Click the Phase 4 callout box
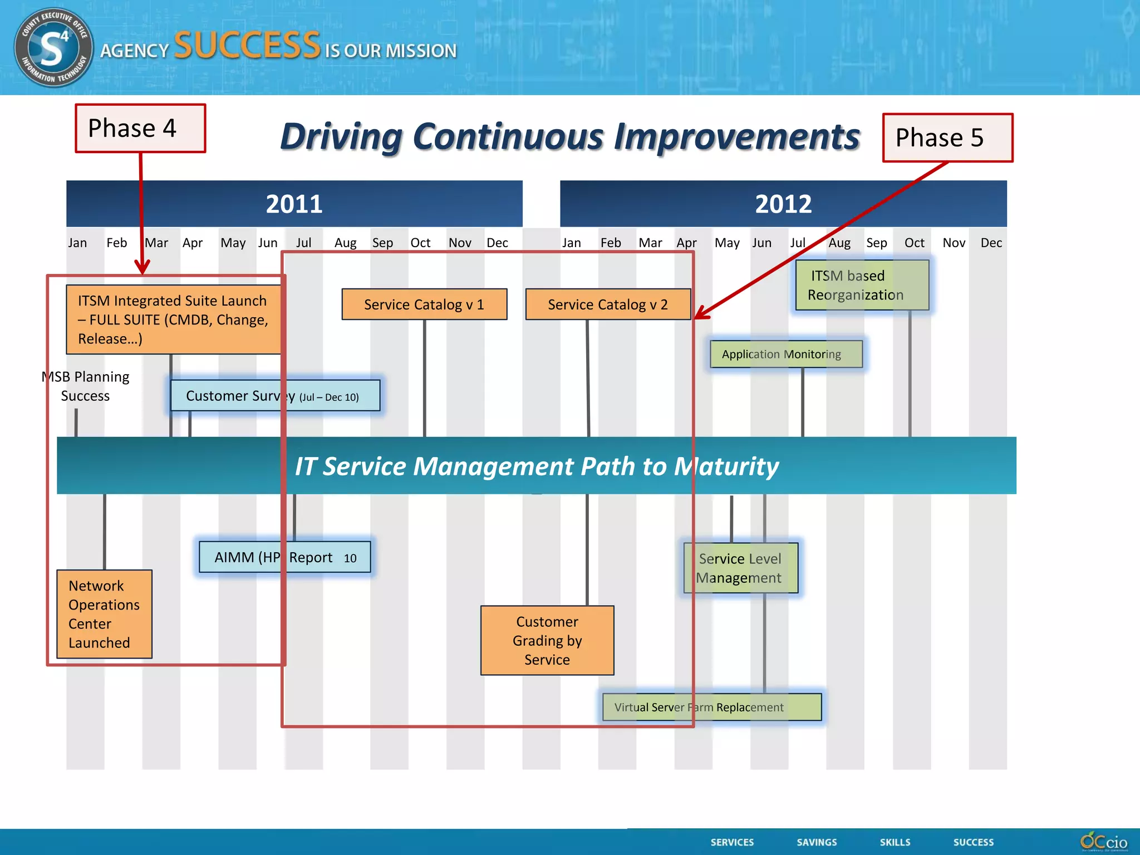[x=140, y=129]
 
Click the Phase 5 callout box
[x=947, y=138]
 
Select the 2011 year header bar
[x=294, y=204]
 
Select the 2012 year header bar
[x=783, y=204]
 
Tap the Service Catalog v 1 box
[x=424, y=304]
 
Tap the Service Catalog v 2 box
[x=608, y=304]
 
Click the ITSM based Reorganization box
[x=862, y=285]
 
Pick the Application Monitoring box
[x=786, y=354]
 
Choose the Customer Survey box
[x=275, y=396]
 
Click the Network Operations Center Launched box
[x=104, y=614]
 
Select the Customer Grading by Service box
[x=547, y=641]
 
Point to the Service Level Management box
[x=740, y=568]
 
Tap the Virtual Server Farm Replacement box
[x=711, y=707]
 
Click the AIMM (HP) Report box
[x=284, y=557]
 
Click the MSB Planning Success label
[x=86, y=386]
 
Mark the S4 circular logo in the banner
[x=53, y=48]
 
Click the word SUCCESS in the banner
[x=247, y=46]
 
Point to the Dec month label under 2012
[x=991, y=243]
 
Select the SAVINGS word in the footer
[x=816, y=842]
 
